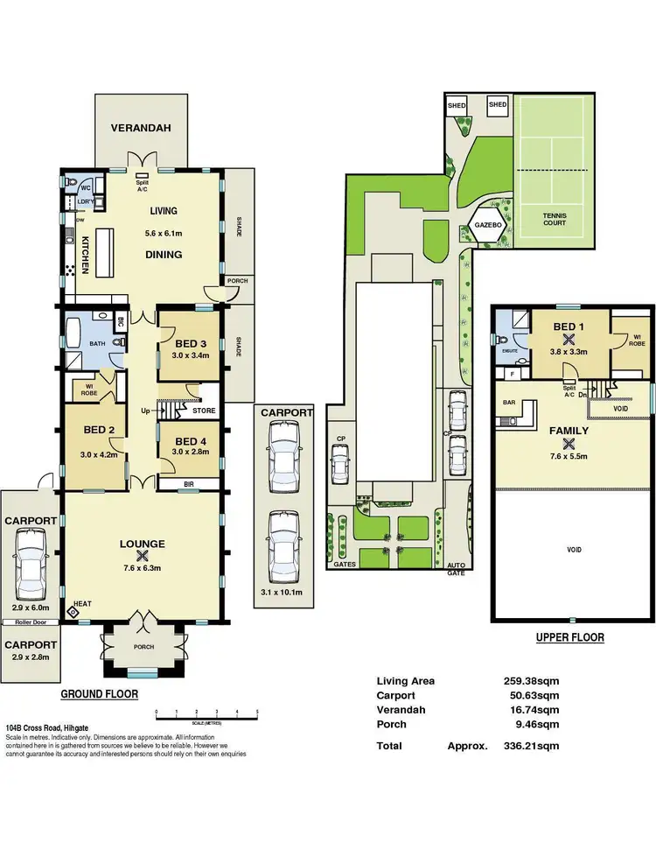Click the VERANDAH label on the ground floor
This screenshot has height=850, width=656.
[x=141, y=128]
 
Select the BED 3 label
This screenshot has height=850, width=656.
[x=189, y=319]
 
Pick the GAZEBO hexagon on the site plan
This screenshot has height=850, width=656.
[x=488, y=224]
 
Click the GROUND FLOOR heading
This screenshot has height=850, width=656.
[x=99, y=694]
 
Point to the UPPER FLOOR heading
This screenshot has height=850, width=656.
[x=569, y=637]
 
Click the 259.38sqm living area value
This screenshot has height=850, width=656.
[x=529, y=680]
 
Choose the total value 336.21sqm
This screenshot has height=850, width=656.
[x=529, y=746]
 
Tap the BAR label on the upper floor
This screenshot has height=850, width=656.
[x=507, y=403]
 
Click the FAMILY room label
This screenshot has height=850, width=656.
[x=569, y=431]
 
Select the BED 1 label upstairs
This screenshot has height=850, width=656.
[x=569, y=327]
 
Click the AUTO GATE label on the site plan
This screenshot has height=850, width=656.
[x=457, y=569]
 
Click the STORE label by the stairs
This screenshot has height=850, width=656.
[x=203, y=410]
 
